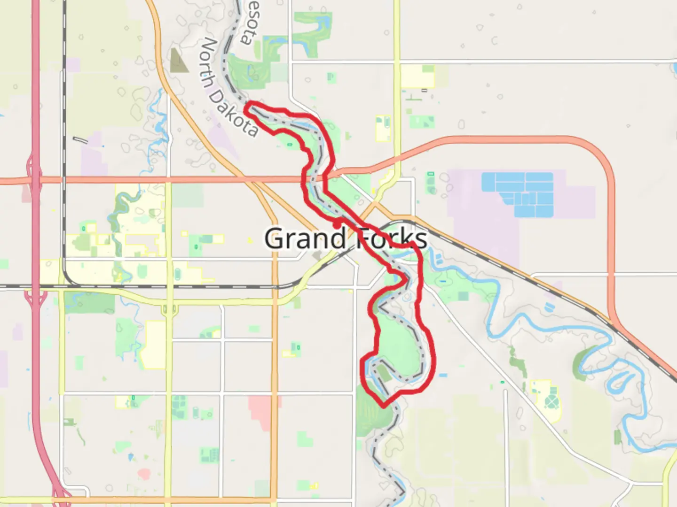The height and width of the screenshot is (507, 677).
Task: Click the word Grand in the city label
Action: click(306, 238)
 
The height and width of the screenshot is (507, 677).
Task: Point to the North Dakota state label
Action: click(228, 87)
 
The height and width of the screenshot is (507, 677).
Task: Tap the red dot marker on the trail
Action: click(337, 225)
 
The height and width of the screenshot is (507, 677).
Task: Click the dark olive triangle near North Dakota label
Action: click(178, 61)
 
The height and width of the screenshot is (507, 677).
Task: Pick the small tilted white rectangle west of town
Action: click(80, 139)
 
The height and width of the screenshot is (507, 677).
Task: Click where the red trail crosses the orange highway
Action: click(324, 178)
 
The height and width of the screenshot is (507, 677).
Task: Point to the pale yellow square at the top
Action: click(418, 76)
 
